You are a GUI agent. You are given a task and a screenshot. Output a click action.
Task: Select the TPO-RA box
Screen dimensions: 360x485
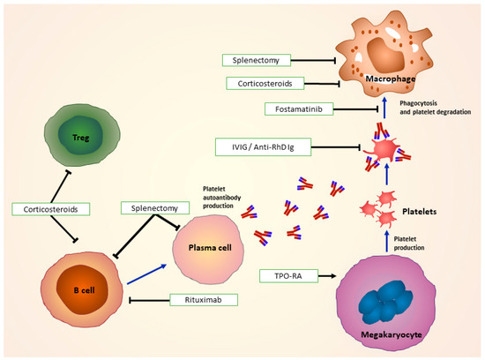coord(286,275)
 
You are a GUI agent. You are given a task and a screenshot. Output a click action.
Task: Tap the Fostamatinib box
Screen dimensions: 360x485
coord(295,109)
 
